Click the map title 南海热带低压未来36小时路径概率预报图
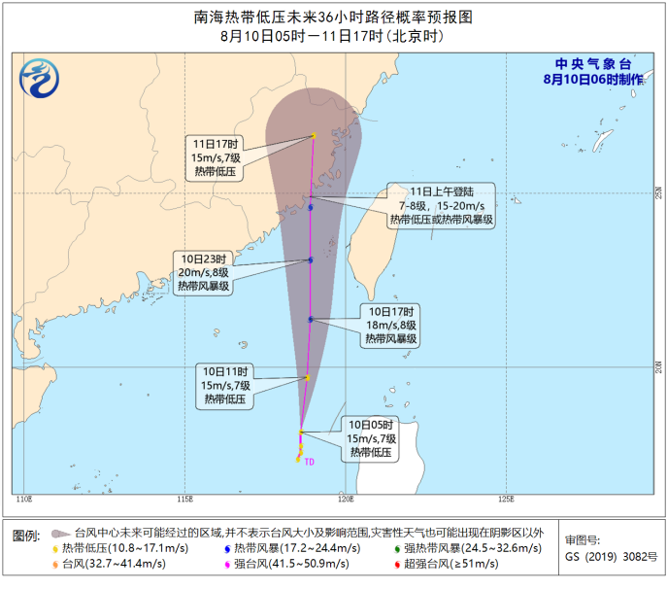(333, 17)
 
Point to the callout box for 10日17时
(391, 326)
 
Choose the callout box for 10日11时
(225, 385)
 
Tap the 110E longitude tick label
(24, 500)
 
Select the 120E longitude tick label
(345, 500)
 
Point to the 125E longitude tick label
(505, 500)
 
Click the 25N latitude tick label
(657, 191)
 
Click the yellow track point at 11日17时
(314, 135)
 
